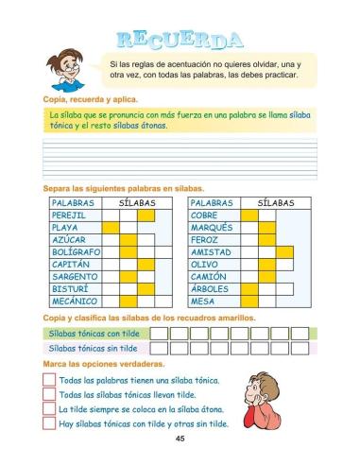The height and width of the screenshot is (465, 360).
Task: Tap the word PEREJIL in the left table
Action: point(69,215)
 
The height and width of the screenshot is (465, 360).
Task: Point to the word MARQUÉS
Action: point(212,228)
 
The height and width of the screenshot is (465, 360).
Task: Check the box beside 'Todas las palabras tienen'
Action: point(48,381)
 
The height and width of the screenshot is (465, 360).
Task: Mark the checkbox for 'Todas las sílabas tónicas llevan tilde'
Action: point(48,395)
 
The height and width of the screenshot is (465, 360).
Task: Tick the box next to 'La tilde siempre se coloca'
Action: point(48,409)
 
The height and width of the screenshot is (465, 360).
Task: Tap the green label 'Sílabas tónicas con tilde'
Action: point(93,334)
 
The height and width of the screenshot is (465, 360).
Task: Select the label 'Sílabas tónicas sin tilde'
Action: point(92,348)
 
